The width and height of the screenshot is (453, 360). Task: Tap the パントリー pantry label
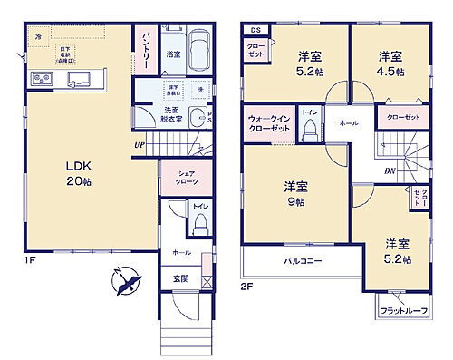pos(145,44)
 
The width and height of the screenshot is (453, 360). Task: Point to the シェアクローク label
pos(174,179)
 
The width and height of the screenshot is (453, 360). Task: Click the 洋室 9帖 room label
pos(296,193)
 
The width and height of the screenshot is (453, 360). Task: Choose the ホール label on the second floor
pos(348,122)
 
